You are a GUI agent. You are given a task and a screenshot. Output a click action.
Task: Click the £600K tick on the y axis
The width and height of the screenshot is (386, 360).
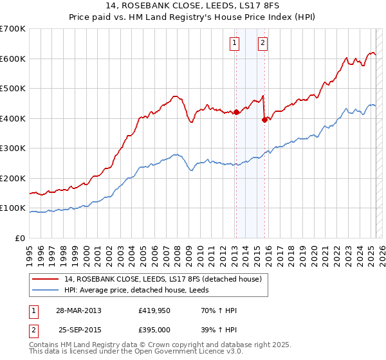click(x=13, y=59)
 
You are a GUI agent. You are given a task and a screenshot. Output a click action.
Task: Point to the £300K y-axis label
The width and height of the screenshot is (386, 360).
click(x=13, y=148)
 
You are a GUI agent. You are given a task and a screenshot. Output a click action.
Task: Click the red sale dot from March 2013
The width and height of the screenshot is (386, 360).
click(x=235, y=112)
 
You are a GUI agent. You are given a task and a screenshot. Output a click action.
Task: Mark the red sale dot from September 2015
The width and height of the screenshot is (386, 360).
click(x=264, y=119)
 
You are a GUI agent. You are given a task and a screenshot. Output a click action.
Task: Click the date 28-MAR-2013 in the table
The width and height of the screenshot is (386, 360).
click(x=78, y=310)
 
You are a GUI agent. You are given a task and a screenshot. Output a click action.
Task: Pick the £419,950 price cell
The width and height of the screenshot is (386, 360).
click(x=152, y=310)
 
